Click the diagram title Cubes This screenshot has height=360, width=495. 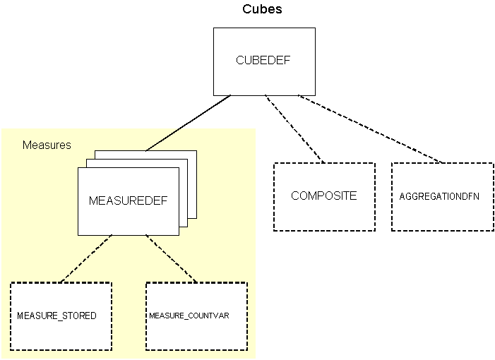pyautogui.click(x=263, y=9)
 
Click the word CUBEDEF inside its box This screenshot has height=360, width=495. pyautogui.click(x=263, y=61)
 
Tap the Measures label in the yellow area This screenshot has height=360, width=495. pyautogui.click(x=47, y=145)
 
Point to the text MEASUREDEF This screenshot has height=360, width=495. pyautogui.click(x=128, y=200)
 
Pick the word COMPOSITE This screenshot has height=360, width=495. pyautogui.click(x=324, y=196)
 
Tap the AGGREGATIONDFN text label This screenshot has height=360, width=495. pyautogui.click(x=439, y=197)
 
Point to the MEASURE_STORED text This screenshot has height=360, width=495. pyautogui.click(x=56, y=316)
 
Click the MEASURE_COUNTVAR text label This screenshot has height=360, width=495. pyautogui.click(x=189, y=316)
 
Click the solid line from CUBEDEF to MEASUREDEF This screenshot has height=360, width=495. pyautogui.click(x=188, y=123)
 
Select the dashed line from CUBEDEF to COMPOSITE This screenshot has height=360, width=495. pyautogui.click(x=293, y=128)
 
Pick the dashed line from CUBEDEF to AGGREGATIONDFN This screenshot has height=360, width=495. pyautogui.click(x=369, y=128)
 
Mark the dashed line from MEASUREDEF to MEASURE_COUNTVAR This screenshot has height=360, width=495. pyautogui.click(x=171, y=259)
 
